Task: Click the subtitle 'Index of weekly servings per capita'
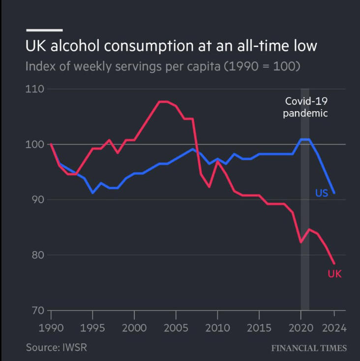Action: [163, 66]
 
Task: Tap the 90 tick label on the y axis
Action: [36, 200]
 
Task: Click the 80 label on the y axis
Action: [36, 255]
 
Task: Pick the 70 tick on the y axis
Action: [36, 310]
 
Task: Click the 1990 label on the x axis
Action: [51, 328]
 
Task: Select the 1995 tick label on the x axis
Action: [92, 328]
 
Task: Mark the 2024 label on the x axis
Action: [334, 328]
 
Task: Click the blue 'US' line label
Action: [321, 193]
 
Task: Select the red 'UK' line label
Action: [334, 274]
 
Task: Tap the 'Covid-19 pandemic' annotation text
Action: [306, 107]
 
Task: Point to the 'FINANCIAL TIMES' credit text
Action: [309, 348]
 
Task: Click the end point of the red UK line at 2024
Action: [334, 263]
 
